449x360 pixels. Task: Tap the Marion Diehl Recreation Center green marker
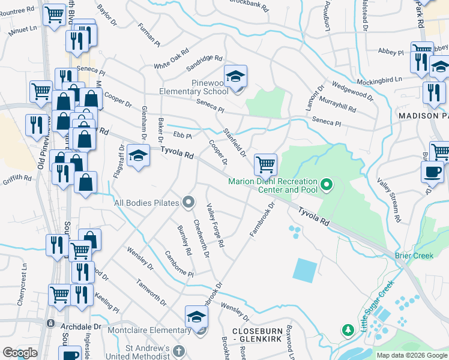click(x=327, y=184)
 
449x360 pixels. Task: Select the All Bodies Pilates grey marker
click(x=188, y=202)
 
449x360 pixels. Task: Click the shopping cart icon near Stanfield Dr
click(x=265, y=164)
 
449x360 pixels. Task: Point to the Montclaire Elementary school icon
click(x=196, y=317)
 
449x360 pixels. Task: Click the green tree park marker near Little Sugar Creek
click(x=348, y=330)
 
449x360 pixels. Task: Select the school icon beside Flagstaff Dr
click(x=139, y=157)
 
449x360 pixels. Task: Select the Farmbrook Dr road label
click(x=262, y=218)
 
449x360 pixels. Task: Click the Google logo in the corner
click(x=19, y=352)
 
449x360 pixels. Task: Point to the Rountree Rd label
click(x=17, y=10)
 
